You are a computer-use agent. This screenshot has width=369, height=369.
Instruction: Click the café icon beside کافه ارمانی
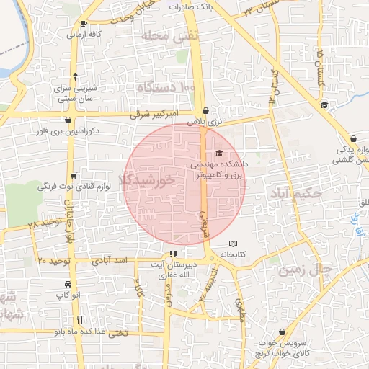click(x=85, y=24)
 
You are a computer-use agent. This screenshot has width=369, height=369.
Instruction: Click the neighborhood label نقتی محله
click(x=166, y=35)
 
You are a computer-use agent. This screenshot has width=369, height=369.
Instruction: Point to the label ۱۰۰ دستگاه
click(x=165, y=87)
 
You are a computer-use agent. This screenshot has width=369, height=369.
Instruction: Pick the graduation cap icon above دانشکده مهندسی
click(x=219, y=153)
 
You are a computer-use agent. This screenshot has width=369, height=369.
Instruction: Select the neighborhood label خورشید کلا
click(x=148, y=180)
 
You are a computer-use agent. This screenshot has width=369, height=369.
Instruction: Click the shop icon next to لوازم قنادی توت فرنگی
click(x=74, y=176)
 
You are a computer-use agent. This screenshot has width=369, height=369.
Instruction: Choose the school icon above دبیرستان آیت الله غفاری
click(x=172, y=254)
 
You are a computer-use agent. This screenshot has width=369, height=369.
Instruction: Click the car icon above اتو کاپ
click(x=67, y=284)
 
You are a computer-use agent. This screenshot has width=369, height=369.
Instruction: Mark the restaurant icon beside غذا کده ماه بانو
click(x=79, y=320)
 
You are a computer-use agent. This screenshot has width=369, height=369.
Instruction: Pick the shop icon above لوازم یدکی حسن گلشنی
click(x=353, y=139)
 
